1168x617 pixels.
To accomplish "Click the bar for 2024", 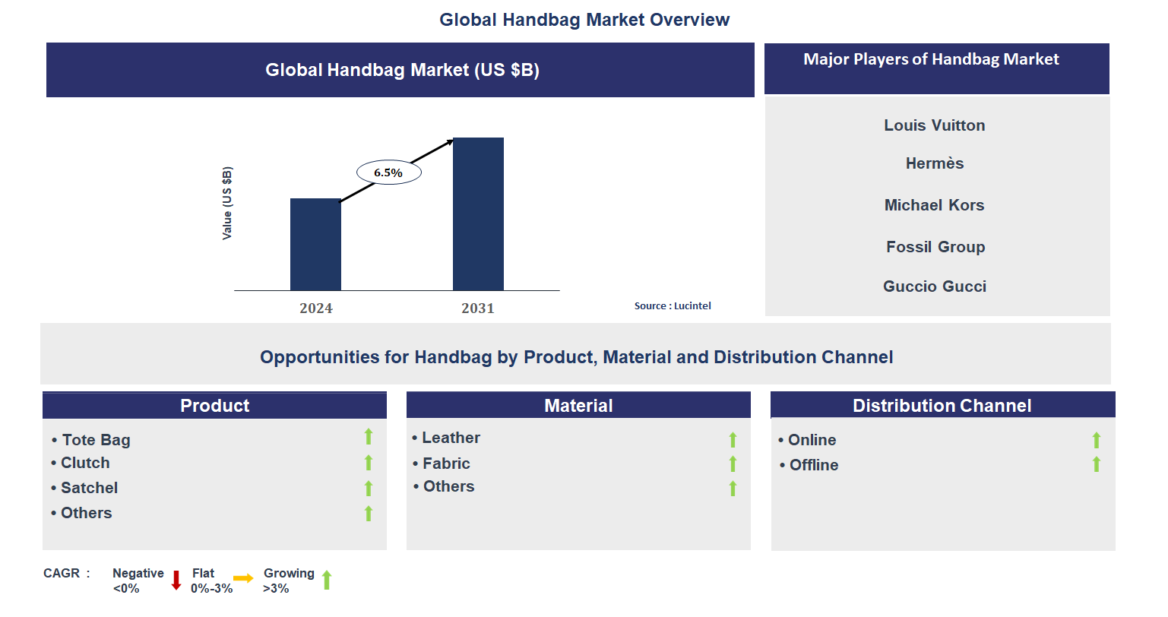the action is pos(315,244).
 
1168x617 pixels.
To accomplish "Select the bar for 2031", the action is pos(478,214).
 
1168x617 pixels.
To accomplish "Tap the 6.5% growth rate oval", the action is pos(389,172).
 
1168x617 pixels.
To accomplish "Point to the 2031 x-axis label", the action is pos(478,308).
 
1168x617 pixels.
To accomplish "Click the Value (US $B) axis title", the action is pos(226,204).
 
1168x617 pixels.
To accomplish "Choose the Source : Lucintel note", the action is pos(673,306).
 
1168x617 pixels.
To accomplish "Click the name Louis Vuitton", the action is pos(935,125).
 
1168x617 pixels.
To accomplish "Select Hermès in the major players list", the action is pos(935,163).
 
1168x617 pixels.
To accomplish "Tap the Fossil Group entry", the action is pos(935,247).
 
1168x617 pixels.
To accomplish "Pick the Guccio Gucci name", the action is pos(935,286).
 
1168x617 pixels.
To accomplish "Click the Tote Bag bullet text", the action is pos(96,440).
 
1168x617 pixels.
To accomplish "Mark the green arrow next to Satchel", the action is pos(369,488).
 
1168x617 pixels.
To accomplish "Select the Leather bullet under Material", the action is pos(451,438).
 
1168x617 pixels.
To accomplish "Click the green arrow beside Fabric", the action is pos(733,464).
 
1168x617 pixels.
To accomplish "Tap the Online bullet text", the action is pos(812,440).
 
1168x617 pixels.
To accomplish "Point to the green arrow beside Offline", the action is pos(1096,464).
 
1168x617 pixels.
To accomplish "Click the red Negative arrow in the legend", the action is pos(176,580).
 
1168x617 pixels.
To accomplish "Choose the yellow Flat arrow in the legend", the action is pos(243,578).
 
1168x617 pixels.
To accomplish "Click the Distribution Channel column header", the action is pos(942,405).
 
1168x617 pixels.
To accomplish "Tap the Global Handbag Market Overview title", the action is pos(584,20).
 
